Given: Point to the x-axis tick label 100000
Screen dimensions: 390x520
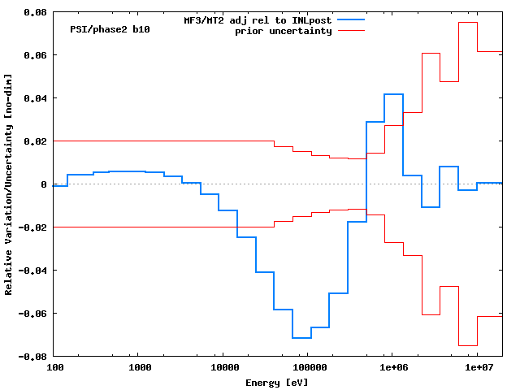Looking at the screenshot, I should click(307, 368).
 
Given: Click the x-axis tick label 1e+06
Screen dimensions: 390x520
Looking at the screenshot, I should click(392, 368).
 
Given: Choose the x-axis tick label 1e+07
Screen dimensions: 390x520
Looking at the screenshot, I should click(477, 368).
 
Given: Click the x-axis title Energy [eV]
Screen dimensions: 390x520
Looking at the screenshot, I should click(277, 382).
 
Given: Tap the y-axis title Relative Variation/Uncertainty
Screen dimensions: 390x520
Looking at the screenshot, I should click(9, 184).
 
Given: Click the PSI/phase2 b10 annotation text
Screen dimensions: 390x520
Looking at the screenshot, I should click(110, 29).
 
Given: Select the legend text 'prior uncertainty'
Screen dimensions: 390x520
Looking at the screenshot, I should click(283, 31).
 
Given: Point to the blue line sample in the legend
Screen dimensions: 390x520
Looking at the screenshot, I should click(351, 19).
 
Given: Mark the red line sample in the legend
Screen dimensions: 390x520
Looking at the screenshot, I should click(351, 31).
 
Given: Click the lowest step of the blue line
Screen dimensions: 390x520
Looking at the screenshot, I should click(301, 337).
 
